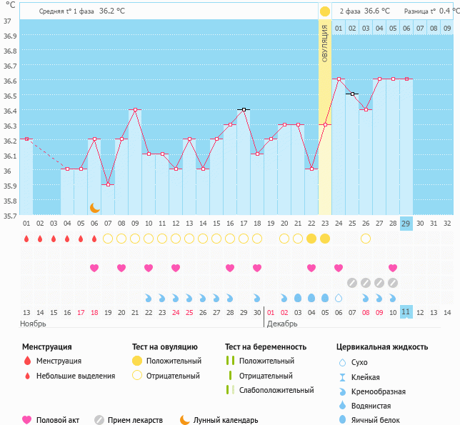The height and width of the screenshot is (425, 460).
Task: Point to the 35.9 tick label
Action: (9, 186)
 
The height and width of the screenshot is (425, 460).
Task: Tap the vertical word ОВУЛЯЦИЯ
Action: (324, 43)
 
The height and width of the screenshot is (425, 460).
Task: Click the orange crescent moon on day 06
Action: (94, 207)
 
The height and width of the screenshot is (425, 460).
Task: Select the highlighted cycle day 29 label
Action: (406, 223)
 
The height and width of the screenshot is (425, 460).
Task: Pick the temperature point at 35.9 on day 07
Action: (108, 184)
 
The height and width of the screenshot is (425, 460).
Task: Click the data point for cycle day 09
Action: (135, 110)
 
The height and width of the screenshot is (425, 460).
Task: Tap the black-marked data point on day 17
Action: (244, 109)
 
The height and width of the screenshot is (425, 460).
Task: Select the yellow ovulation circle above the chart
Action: (325, 11)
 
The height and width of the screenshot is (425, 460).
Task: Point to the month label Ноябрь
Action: (33, 324)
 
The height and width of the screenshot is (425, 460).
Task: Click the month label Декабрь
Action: (282, 324)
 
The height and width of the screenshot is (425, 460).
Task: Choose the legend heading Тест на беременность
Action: (265, 346)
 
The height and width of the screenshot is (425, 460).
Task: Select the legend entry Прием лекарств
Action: (135, 420)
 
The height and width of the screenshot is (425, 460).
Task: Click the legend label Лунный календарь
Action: (226, 420)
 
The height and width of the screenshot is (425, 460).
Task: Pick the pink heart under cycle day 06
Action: (94, 268)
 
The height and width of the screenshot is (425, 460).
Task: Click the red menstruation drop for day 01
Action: (26, 239)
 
